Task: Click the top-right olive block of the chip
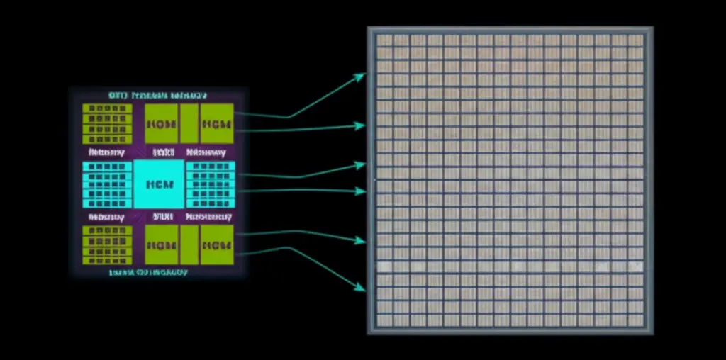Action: pos(216,123)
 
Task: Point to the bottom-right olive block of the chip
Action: pos(216,245)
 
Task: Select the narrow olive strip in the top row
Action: pos(189,123)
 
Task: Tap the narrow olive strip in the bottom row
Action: pos(189,245)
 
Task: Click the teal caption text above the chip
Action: pos(157,94)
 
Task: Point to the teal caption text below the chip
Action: pos(149,272)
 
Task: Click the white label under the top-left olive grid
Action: pos(107,152)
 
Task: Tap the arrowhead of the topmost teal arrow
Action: pos(362,75)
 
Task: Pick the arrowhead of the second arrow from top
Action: pos(362,126)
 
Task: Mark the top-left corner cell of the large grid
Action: pos(384,40)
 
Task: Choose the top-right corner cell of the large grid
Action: pos(636,40)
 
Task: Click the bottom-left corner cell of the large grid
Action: pos(384,321)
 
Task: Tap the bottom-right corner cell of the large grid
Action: pos(636,321)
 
